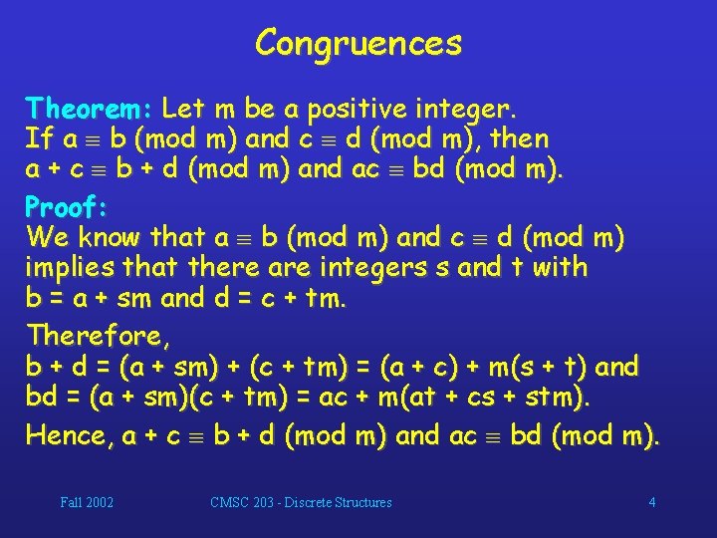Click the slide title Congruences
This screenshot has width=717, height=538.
(x=358, y=43)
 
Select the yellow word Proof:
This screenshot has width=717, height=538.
(x=66, y=207)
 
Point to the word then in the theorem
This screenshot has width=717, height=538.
(x=521, y=137)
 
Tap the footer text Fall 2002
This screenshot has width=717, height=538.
(x=87, y=502)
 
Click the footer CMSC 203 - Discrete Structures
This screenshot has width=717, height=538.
(x=301, y=502)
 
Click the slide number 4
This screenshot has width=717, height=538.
(x=652, y=502)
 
